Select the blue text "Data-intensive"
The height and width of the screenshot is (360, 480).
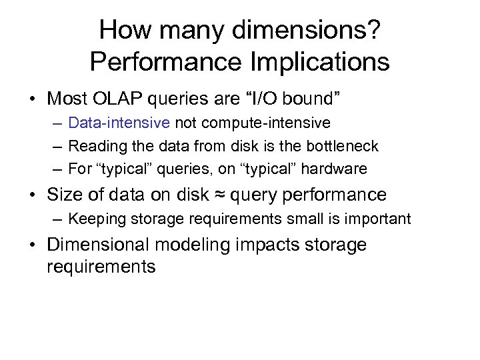[119, 123]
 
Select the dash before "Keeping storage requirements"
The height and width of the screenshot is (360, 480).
[59, 219]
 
